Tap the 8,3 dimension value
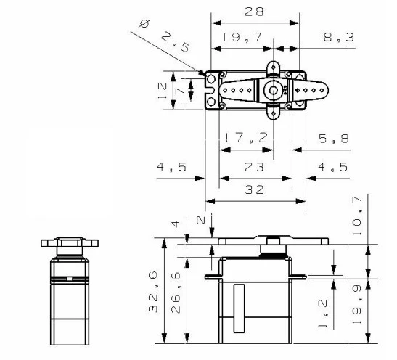pos(339,36)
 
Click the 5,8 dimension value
pos(333,137)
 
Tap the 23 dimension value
pos(254,166)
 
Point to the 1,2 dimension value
pos(324,310)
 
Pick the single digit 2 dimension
pos(201,220)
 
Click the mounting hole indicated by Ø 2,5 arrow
pos(211,78)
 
